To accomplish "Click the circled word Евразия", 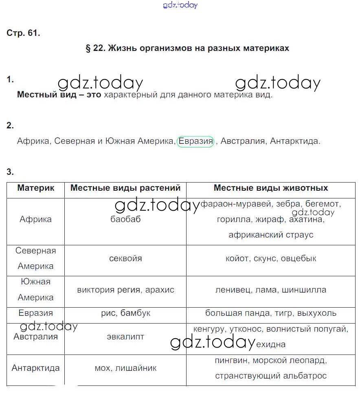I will click(x=195, y=141).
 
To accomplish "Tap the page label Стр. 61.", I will click(x=23, y=33).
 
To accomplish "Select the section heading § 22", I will click(x=187, y=48).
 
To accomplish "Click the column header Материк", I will click(x=35, y=188).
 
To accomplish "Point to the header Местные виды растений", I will click(x=125, y=188).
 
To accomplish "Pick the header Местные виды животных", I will click(x=271, y=188).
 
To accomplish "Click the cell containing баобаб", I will click(x=125, y=219).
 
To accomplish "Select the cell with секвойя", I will click(x=125, y=258).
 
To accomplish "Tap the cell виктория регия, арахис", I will click(x=125, y=290).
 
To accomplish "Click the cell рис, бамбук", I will click(x=125, y=313).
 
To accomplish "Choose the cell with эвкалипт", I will click(x=125, y=337).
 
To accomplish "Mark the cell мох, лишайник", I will click(x=125, y=368).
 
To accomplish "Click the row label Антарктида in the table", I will click(x=35, y=368).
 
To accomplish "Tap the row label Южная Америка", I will click(x=35, y=290).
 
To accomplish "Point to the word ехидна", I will click(x=271, y=345).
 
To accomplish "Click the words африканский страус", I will click(x=271, y=235).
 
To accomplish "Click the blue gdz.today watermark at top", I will click(x=180, y=5).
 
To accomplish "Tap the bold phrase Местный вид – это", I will click(x=59, y=95).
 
